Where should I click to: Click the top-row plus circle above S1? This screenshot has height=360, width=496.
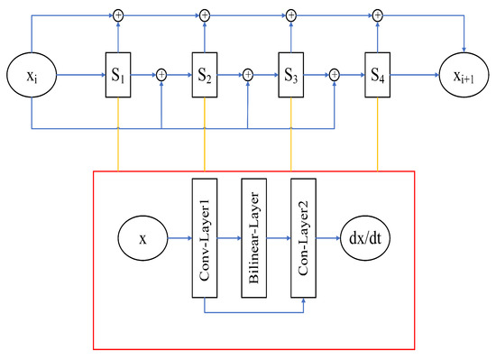(x=118, y=14)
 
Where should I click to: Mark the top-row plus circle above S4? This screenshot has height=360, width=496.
(x=377, y=14)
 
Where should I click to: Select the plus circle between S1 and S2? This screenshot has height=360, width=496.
(x=161, y=76)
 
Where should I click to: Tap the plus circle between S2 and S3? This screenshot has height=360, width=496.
(x=247, y=76)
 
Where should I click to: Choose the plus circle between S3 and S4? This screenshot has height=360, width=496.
(x=334, y=76)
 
